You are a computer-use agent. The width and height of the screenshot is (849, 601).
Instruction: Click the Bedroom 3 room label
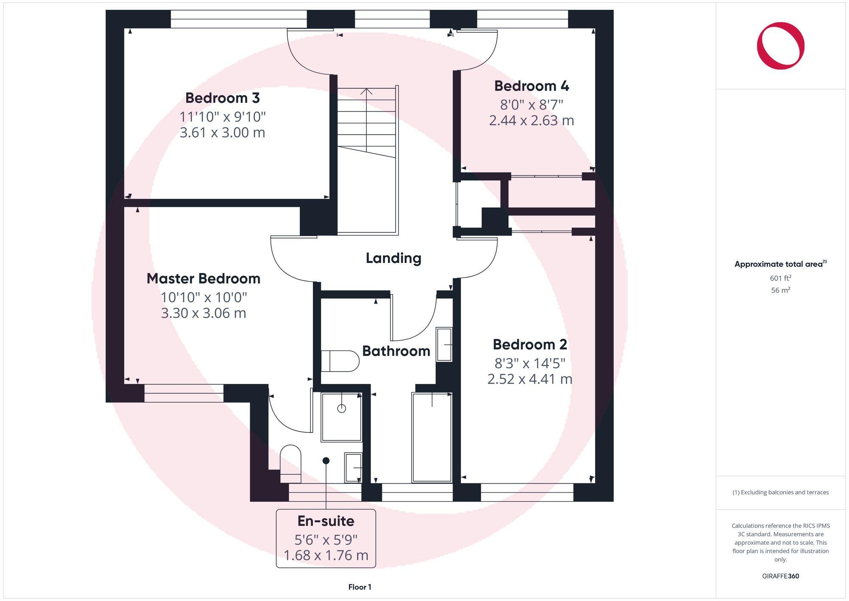(222, 98)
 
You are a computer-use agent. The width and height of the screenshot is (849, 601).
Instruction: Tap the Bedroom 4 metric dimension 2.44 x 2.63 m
(531, 121)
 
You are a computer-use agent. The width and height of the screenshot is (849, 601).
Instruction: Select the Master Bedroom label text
(203, 279)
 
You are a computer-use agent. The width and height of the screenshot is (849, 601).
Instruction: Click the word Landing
(394, 258)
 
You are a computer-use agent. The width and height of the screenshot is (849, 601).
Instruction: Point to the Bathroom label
(396, 351)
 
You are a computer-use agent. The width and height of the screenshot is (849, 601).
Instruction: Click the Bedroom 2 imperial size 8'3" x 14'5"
(529, 363)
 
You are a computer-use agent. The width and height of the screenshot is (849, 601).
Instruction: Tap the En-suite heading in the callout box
(326, 521)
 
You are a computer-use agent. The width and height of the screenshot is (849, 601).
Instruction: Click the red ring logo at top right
(780, 46)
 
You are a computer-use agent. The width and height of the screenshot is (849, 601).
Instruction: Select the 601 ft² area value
(780, 278)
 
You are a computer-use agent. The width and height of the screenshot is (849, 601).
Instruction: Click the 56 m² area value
(780, 291)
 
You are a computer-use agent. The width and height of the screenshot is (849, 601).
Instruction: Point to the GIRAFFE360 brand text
(780, 576)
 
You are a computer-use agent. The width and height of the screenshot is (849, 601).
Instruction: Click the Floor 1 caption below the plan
(360, 587)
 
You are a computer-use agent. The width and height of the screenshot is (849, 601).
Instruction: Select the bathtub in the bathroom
(432, 437)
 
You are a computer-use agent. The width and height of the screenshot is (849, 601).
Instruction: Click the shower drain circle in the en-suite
(342, 409)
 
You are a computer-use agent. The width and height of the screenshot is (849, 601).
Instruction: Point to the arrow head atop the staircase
(366, 90)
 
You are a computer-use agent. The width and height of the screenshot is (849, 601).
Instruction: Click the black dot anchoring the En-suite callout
(326, 460)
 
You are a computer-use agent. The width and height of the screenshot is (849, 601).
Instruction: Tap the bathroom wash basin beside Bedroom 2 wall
(444, 344)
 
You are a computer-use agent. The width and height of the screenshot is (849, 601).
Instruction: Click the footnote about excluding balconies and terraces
(780, 493)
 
